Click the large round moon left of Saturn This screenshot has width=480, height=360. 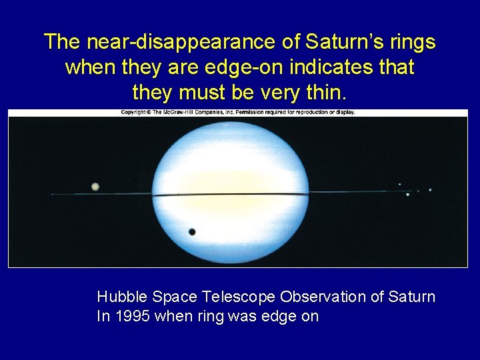click(x=95, y=187)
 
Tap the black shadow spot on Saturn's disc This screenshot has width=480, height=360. click(x=192, y=232)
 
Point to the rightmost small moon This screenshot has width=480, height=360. click(x=430, y=190)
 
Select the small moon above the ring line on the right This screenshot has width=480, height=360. click(x=399, y=185)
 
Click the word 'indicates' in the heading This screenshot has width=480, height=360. click(x=336, y=67)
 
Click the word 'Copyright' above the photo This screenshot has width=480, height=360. click(x=135, y=112)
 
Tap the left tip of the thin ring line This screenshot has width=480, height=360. click(x=52, y=194)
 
